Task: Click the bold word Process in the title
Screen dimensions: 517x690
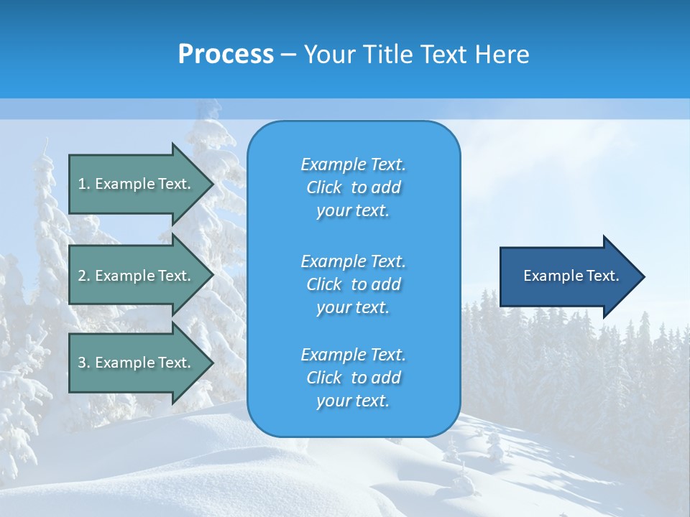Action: (x=226, y=55)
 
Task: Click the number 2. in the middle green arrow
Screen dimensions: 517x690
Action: (x=83, y=276)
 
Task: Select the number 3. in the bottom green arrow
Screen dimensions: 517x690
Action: (x=83, y=363)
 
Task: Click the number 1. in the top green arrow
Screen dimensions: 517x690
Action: (x=83, y=184)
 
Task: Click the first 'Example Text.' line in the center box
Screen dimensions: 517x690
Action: (x=353, y=164)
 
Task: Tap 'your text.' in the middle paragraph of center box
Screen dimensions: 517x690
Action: (x=353, y=307)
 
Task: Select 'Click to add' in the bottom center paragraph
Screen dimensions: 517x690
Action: (x=353, y=378)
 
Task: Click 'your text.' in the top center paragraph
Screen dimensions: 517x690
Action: (x=353, y=211)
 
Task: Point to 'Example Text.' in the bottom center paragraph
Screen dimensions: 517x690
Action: (x=353, y=355)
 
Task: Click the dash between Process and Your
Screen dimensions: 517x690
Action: (x=288, y=55)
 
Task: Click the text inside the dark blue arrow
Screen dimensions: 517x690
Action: (x=571, y=276)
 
